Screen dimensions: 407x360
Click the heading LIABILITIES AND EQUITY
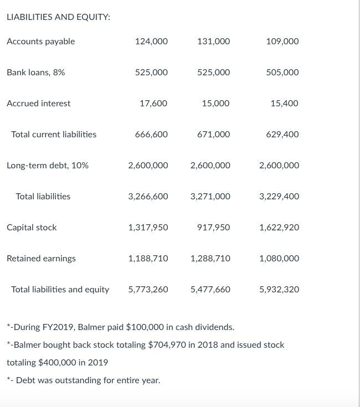pyautogui.click(x=58, y=17)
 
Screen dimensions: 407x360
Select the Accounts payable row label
pyautogui.click(x=40, y=42)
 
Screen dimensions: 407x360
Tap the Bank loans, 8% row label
pyautogui.click(x=35, y=73)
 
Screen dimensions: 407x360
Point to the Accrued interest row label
pyautogui.click(x=38, y=104)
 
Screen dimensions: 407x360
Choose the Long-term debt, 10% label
pyautogui.click(x=47, y=166)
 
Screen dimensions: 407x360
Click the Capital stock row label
pyautogui.click(x=32, y=228)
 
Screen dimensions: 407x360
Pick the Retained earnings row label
pyautogui.click(x=41, y=259)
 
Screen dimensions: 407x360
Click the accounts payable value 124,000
pyautogui.click(x=151, y=42)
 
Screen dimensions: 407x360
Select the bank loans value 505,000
pyautogui.click(x=282, y=73)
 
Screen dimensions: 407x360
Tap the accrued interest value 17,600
pyautogui.click(x=153, y=104)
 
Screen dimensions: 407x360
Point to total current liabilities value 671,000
pyautogui.click(x=213, y=135)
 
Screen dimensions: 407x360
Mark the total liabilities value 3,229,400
pyautogui.click(x=279, y=197)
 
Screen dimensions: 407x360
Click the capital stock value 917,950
pyautogui.click(x=213, y=228)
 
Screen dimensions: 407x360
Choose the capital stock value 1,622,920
pyautogui.click(x=279, y=228)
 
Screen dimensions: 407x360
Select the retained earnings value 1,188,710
pyautogui.click(x=148, y=259)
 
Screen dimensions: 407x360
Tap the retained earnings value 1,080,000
pyautogui.click(x=279, y=259)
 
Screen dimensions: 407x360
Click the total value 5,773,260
pyautogui.click(x=148, y=290)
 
